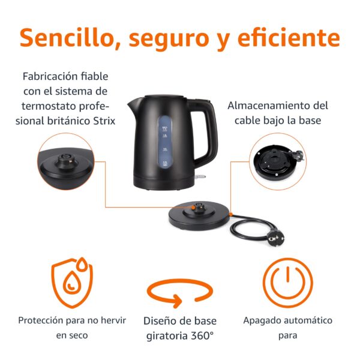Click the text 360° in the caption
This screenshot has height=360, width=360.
[201, 335]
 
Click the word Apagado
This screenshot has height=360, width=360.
[262, 320]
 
